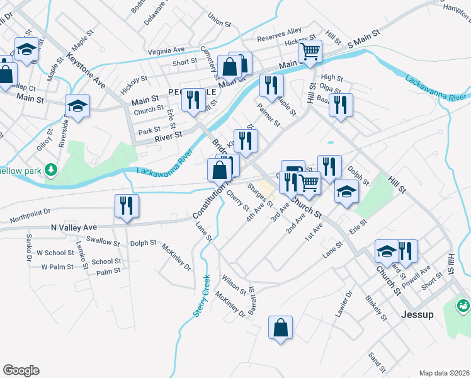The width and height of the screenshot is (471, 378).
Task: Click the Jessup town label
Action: click(417, 314)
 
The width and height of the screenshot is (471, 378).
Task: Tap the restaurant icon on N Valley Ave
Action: click(127, 205)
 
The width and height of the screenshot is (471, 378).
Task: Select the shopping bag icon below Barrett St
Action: click(280, 328)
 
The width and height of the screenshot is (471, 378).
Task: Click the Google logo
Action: click(21, 370)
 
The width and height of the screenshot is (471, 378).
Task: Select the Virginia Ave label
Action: click(166, 50)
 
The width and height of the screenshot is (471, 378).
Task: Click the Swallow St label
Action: click(103, 241)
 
